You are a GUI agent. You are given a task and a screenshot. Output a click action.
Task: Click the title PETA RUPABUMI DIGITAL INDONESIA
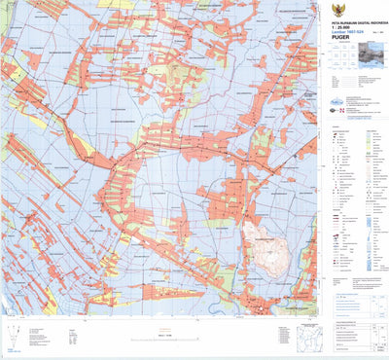352,18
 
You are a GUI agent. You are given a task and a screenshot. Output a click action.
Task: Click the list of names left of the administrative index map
282,336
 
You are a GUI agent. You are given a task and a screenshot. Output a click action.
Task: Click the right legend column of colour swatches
371,195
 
